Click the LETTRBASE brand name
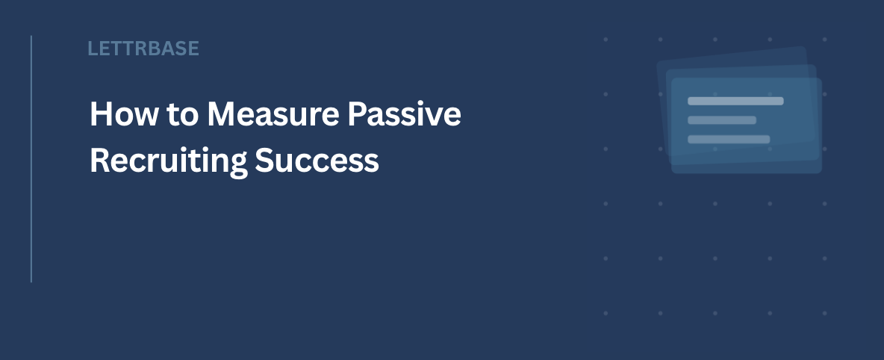click(x=143, y=49)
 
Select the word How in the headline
click(x=124, y=114)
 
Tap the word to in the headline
click(x=183, y=114)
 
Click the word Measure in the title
click(x=273, y=114)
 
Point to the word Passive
click(x=404, y=114)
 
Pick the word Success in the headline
click(x=317, y=161)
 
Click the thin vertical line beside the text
click(x=31, y=158)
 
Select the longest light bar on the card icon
click(x=735, y=101)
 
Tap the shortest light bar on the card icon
click(x=722, y=120)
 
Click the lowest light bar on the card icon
click(x=729, y=140)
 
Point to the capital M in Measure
click(x=221, y=114)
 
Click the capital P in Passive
click(x=357, y=114)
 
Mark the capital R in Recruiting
click(x=100, y=161)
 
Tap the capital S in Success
click(x=264, y=161)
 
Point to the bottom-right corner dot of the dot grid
click(x=824, y=313)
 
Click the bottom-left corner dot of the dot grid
click(x=606, y=313)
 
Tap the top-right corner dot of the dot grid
click(x=824, y=40)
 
